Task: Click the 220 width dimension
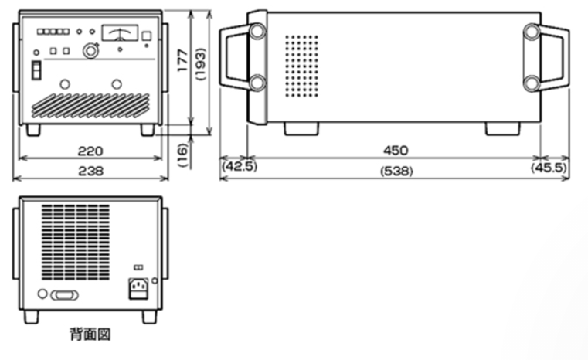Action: [x=90, y=151]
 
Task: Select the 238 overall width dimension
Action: [x=90, y=172]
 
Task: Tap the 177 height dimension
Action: [x=182, y=60]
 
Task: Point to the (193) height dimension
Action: [x=201, y=64]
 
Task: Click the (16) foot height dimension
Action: [x=182, y=155]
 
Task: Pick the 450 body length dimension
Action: [x=396, y=151]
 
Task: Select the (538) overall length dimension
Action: [x=396, y=172]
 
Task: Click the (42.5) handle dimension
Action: [x=240, y=166]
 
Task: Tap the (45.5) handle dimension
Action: [x=549, y=167]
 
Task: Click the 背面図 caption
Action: [x=90, y=335]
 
